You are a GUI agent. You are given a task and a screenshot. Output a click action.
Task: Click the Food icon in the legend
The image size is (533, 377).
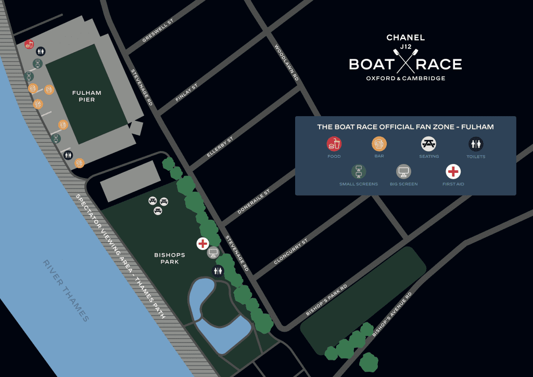334,144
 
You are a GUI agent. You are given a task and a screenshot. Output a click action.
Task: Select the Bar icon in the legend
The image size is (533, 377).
379,144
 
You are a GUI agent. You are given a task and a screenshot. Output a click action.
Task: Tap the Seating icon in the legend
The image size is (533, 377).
428,144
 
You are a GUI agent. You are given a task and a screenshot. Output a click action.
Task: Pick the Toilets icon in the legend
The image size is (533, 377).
476,144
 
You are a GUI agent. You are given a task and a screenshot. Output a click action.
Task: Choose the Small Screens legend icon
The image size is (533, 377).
358,171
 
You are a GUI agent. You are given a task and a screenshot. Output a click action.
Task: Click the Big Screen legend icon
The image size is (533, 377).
403,171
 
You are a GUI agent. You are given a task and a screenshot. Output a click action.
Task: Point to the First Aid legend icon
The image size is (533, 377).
453,171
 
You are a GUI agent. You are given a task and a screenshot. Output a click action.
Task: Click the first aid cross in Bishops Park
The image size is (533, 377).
202,243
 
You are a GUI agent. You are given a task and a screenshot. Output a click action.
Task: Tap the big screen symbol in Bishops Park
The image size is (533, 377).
213,253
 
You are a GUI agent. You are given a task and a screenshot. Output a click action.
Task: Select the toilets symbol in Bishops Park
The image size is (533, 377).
218,270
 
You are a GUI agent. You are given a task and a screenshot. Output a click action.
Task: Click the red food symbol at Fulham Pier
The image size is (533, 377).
29,44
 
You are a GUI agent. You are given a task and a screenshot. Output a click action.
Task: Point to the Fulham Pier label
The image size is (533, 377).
87,96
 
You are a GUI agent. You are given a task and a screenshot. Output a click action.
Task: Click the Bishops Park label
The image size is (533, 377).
167,258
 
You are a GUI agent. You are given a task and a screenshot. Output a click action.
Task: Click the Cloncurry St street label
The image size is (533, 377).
290,252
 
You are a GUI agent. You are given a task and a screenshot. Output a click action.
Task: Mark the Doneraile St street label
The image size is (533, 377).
253,202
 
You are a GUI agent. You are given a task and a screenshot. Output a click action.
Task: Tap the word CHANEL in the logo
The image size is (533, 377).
405,37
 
